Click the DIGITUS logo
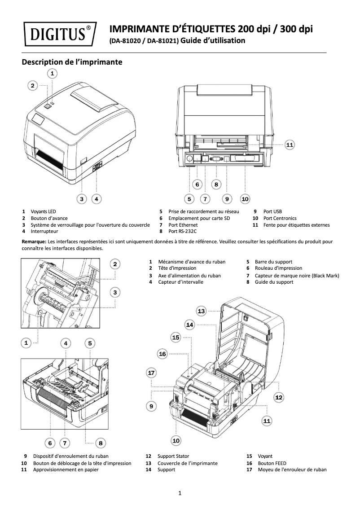(59, 34)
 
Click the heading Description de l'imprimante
(72, 62)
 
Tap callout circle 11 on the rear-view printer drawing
(290, 145)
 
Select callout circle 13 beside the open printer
(202, 311)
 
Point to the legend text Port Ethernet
(183, 225)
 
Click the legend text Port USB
(272, 211)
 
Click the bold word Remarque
(35, 241)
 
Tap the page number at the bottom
(180, 494)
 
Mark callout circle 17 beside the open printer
(151, 373)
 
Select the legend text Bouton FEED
(272, 463)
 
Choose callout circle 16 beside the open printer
(162, 354)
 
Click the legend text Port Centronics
(280, 218)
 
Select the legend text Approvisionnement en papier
(66, 470)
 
